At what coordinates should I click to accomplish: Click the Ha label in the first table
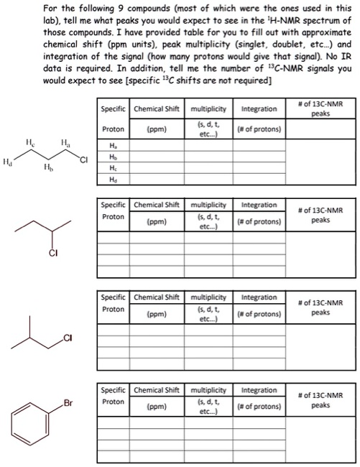(x=111, y=144)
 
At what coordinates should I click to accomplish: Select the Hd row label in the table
(x=111, y=180)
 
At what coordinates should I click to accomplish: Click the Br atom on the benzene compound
(x=68, y=403)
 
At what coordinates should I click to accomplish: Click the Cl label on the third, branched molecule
(x=68, y=337)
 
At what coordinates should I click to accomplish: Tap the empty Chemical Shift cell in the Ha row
(x=157, y=144)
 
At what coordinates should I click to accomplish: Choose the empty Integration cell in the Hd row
(x=259, y=180)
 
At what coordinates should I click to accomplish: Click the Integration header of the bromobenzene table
(x=259, y=391)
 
